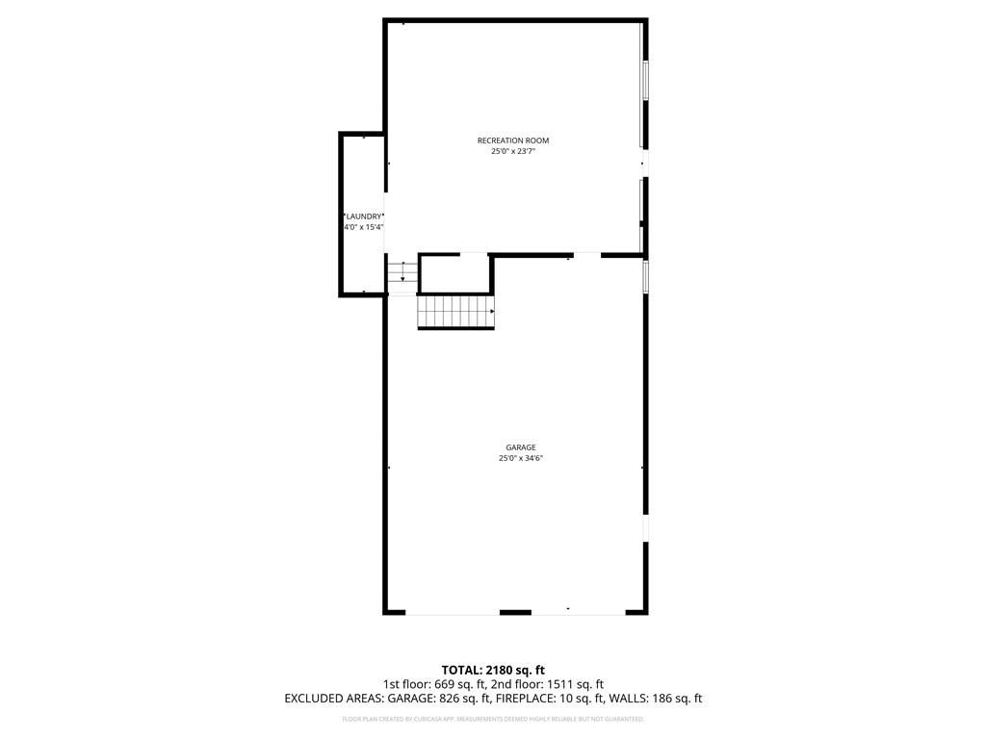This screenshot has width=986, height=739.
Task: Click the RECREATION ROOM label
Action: point(513,140)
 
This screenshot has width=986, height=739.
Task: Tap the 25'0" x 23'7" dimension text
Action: point(513,151)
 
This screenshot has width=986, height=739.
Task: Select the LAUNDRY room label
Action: point(364,217)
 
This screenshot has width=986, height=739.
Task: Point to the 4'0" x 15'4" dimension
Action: point(364,227)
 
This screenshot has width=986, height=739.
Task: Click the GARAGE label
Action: point(521,447)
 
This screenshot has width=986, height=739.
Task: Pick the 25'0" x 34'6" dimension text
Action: point(521,459)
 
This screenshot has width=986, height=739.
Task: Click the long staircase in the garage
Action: point(455,313)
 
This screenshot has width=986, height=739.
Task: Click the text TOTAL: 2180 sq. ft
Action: point(493,670)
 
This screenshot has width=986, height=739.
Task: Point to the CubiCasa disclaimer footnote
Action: point(493,719)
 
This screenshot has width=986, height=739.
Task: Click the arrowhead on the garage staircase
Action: point(492,312)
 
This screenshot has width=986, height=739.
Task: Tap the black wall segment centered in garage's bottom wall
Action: point(515,612)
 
